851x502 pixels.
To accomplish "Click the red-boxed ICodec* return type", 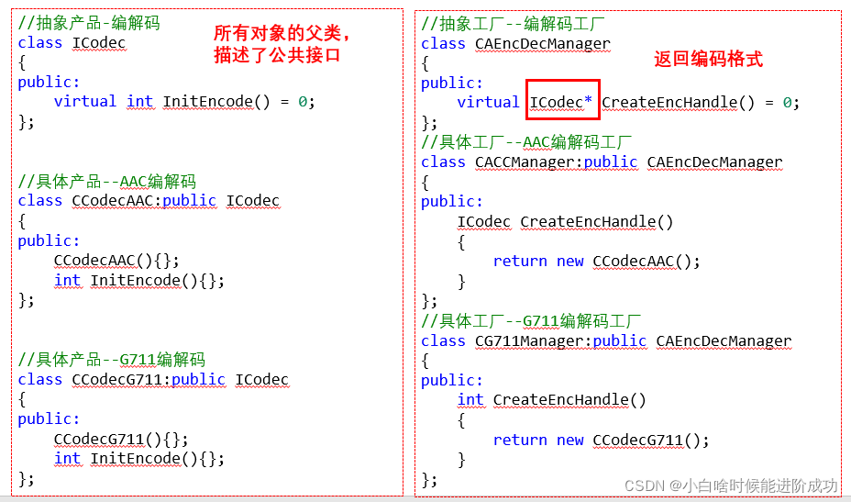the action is (562, 102).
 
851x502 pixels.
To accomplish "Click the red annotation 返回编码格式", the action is (708, 60).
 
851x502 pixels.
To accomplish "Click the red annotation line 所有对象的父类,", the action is (282, 34).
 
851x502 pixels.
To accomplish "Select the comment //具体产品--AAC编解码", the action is (106, 181).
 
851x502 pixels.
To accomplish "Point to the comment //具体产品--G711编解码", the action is (111, 359).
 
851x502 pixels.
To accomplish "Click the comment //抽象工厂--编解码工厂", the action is (513, 23).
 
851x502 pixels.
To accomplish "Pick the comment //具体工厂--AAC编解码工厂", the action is (526, 142).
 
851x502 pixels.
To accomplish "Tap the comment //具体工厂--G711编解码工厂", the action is (531, 320).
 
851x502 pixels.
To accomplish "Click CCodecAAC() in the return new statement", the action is (647, 261).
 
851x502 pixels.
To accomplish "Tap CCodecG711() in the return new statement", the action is (651, 440).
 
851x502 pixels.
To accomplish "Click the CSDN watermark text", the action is (731, 485).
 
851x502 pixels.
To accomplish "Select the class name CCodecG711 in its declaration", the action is (116, 379).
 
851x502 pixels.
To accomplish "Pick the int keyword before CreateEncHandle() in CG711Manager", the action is (470, 399).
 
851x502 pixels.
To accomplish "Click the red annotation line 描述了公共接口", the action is (277, 55).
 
